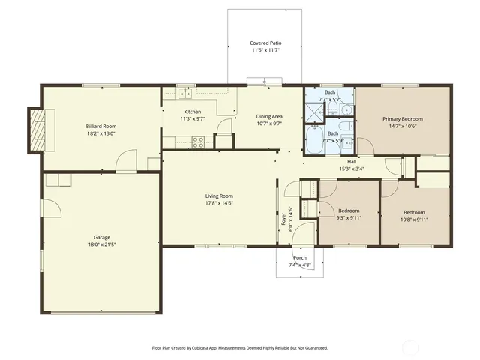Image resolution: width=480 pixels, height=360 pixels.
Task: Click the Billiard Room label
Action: (101, 127)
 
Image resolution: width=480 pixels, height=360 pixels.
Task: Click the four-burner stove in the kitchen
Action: (199, 140)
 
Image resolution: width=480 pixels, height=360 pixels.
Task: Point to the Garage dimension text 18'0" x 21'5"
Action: (101, 244)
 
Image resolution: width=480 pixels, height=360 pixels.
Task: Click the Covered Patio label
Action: (265, 43)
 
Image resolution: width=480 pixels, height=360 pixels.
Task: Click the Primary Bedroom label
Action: (402, 119)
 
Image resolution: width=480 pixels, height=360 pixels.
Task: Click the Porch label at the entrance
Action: (300, 258)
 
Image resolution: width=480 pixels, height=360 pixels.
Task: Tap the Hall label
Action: (352, 161)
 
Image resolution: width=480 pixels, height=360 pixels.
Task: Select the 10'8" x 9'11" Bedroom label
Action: (414, 212)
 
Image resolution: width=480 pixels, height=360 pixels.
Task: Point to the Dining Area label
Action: (269, 116)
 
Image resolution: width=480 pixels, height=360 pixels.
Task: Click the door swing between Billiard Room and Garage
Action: (125, 161)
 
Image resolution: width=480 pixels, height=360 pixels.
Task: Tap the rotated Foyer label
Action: (283, 219)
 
